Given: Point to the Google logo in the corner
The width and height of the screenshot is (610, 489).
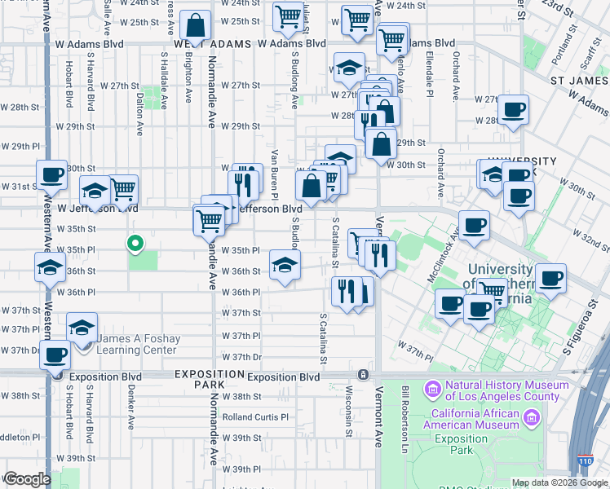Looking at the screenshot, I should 26,479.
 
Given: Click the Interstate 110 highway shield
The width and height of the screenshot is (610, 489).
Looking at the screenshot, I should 586,461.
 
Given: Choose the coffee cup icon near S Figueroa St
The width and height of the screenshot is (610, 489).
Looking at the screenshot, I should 550,278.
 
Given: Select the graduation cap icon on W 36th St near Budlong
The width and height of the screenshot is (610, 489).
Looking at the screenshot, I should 285,266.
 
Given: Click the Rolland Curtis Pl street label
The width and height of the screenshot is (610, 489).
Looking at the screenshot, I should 256,417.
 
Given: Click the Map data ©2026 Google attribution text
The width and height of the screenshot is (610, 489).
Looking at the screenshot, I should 559,482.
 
